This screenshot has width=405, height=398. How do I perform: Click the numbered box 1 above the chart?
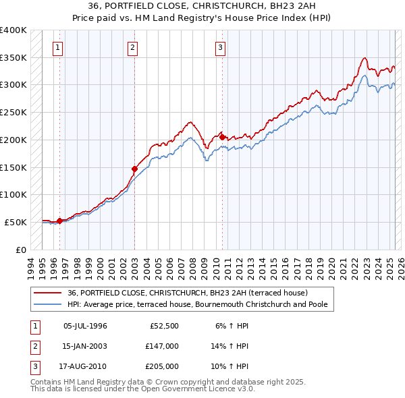(x=59, y=47)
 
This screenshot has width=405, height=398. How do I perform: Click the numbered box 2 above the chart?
(x=132, y=47)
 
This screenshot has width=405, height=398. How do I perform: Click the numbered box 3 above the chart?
(x=221, y=47)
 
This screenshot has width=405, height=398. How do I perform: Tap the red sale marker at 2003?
(x=134, y=169)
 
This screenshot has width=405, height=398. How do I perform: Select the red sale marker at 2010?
(x=223, y=137)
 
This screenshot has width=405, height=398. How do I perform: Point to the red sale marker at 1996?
(x=59, y=221)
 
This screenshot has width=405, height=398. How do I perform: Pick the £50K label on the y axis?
(x=16, y=222)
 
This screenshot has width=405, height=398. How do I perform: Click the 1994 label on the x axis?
(x=30, y=265)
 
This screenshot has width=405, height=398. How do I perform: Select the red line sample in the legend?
(x=48, y=293)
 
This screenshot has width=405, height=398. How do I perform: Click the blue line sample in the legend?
(x=48, y=304)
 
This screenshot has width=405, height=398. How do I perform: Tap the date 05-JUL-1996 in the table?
(x=85, y=326)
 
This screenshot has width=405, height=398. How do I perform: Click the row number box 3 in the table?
(x=33, y=366)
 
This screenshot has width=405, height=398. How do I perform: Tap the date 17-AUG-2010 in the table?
(x=86, y=366)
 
